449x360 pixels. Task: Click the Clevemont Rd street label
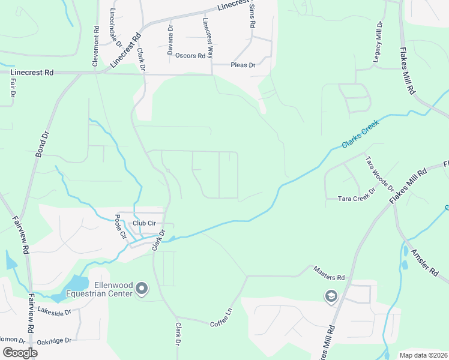pyautogui.click(x=95, y=46)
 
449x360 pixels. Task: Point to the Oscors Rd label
pyautogui.click(x=190, y=56)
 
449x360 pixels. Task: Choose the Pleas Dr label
pyautogui.click(x=243, y=65)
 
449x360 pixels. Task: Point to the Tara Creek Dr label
pyautogui.click(x=356, y=198)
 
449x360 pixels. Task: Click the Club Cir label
pyautogui.click(x=144, y=223)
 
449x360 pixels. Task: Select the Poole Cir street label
pyautogui.click(x=121, y=227)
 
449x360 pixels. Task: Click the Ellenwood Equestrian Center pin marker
pyautogui.click(x=142, y=290)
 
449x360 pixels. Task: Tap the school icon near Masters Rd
pyautogui.click(x=331, y=296)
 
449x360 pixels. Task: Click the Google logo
pyautogui.click(x=19, y=353)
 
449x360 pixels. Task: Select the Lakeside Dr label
pyautogui.click(x=54, y=311)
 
